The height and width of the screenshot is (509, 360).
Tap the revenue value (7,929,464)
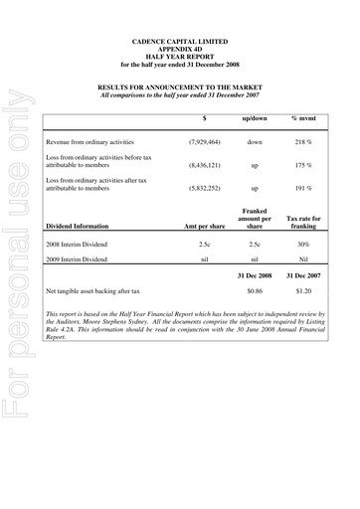[x=205, y=142]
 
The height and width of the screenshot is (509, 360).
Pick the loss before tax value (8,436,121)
[x=205, y=165]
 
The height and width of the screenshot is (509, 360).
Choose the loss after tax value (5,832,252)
[x=205, y=187]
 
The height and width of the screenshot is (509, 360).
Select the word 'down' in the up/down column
[x=256, y=142]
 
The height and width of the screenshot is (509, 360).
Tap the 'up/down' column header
[x=256, y=118]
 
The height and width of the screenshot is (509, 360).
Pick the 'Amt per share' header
[x=205, y=225]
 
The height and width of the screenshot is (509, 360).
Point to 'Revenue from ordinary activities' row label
[x=90, y=142]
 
